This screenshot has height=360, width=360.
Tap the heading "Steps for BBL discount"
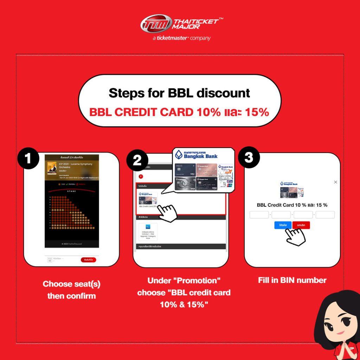[x=179, y=93]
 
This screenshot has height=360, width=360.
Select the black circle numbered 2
[x=137, y=160]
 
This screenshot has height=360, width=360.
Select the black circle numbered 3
[x=249, y=157]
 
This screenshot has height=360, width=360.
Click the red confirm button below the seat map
[x=88, y=260]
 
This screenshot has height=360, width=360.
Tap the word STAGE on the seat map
[x=72, y=191]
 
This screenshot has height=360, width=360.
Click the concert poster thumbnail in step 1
[x=52, y=168]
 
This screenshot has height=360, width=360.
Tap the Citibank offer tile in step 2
[x=148, y=231]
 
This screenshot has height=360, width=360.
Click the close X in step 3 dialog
[x=335, y=182]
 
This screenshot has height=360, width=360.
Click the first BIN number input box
[x=259, y=215]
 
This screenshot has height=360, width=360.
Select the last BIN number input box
[x=325, y=215]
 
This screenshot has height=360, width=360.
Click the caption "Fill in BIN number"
[x=292, y=280]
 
